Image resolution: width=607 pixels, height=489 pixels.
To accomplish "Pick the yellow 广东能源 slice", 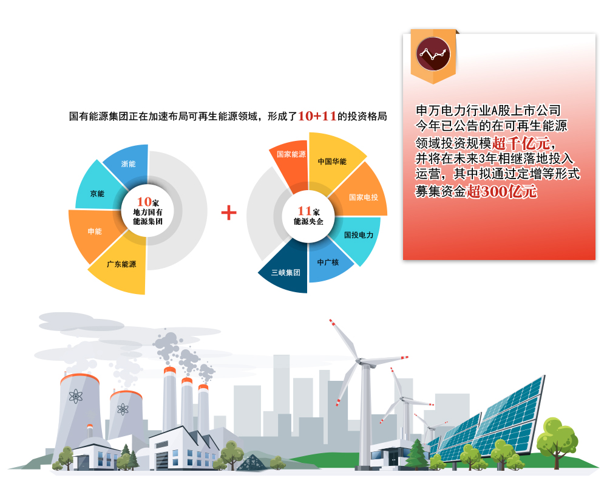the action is click(122, 265).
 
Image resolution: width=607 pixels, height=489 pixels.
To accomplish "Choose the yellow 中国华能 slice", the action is click(332, 161).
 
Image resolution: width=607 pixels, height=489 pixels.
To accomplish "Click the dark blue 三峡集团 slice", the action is click(287, 269).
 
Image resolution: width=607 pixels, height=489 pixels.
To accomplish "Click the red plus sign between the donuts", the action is click(229, 213).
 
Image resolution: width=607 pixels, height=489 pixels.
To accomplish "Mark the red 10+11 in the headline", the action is click(317, 116).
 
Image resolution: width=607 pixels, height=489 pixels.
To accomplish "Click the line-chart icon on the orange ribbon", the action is click(433, 54).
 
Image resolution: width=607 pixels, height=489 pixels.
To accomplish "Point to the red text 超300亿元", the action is click(502, 191).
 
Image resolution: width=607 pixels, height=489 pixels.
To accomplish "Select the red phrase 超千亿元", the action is click(521, 143).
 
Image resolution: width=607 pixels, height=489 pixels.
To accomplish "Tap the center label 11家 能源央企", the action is click(308, 216).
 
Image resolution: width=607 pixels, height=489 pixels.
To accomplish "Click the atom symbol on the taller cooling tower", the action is click(76, 396).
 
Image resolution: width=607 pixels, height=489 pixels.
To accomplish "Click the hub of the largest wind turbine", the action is click(360, 361).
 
